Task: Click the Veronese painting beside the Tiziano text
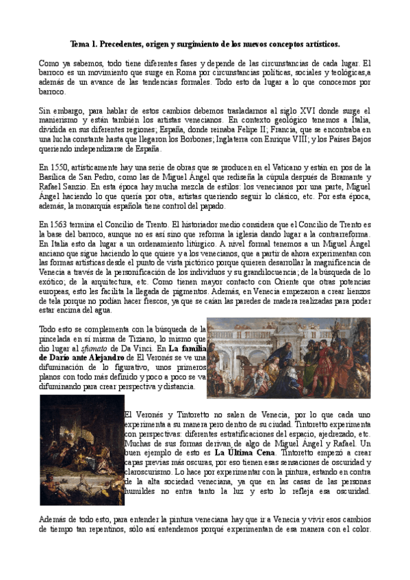coord(287,358)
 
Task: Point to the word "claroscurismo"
coord(152,471)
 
